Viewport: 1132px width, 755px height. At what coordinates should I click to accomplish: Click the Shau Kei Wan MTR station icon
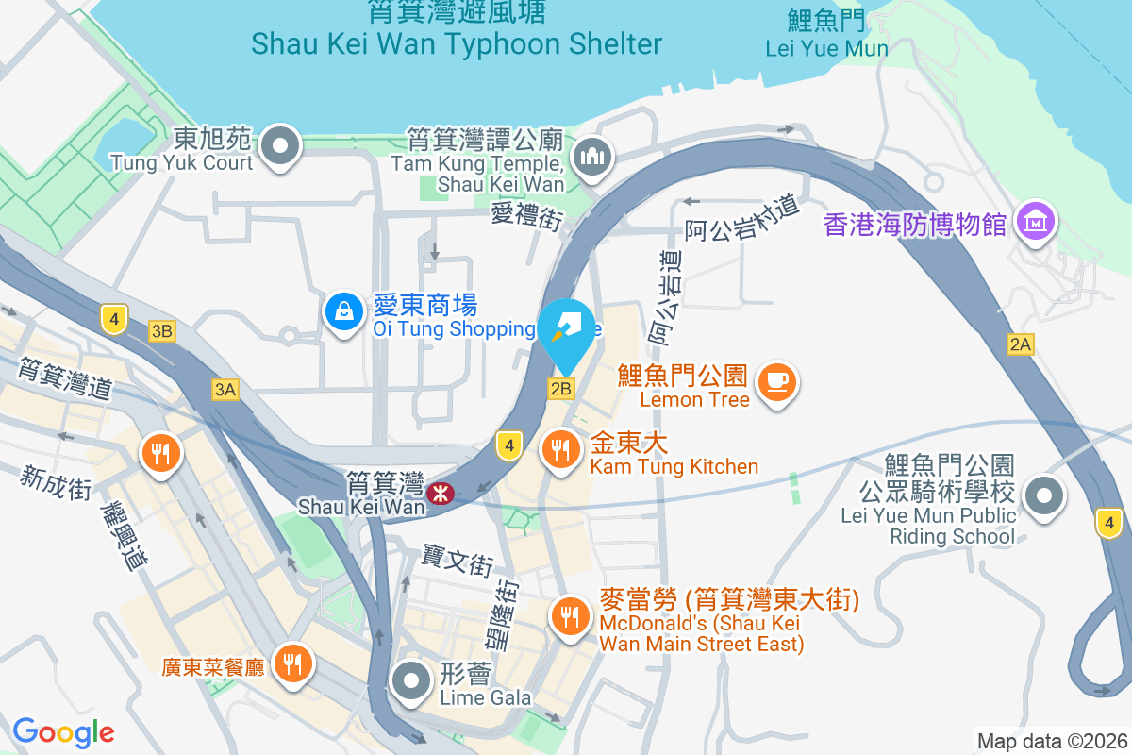pyautogui.click(x=439, y=492)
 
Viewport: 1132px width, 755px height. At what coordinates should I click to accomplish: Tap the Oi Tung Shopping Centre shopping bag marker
pyautogui.click(x=344, y=310)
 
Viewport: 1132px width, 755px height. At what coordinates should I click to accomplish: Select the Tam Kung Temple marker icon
pyautogui.click(x=592, y=156)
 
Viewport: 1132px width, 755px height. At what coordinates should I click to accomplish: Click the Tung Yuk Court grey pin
pyautogui.click(x=280, y=146)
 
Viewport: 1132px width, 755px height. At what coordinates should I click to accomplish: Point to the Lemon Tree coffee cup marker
pyautogui.click(x=776, y=382)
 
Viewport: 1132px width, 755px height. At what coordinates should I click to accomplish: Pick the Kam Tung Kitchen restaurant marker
pyautogui.click(x=563, y=449)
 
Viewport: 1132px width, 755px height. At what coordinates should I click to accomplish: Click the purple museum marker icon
pyautogui.click(x=1037, y=223)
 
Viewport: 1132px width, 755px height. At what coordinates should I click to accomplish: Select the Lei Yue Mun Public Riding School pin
pyautogui.click(x=1043, y=495)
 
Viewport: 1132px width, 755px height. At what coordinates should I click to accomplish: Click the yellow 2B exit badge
pyautogui.click(x=561, y=388)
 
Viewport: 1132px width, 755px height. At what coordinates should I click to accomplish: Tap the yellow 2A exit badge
pyautogui.click(x=1021, y=344)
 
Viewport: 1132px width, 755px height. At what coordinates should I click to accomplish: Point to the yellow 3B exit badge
pyautogui.click(x=162, y=330)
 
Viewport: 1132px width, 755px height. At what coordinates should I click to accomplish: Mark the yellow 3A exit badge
pyautogui.click(x=225, y=389)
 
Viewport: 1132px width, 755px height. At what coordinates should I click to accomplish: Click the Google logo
pyautogui.click(x=63, y=732)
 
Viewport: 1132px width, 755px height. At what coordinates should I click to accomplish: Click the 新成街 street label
pyautogui.click(x=56, y=481)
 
